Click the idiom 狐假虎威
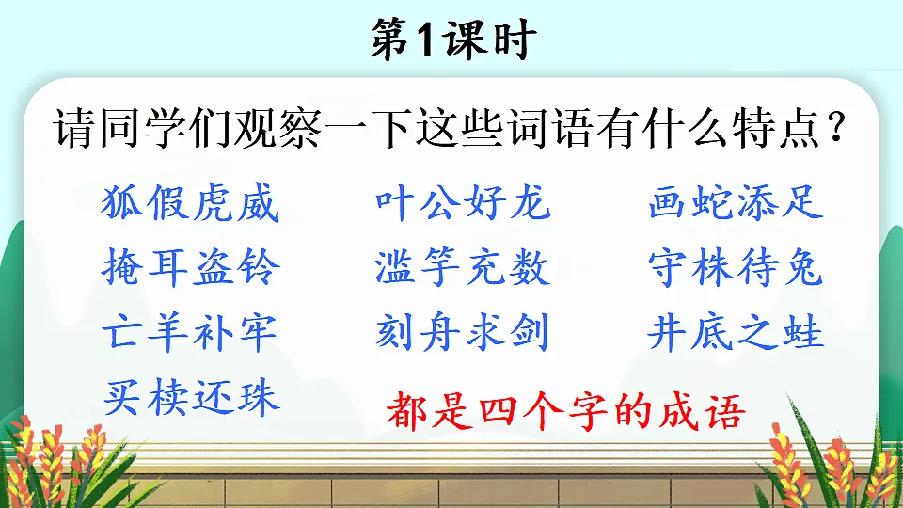pos(190,203)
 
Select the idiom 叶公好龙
pos(462,203)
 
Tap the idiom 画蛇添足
pos(736,203)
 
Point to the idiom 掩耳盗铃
pos(190,268)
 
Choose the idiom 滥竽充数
pos(462,268)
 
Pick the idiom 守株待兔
pos(736,268)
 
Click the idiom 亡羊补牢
pos(190,333)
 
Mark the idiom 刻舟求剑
pos(462,333)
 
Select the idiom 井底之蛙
pos(736,333)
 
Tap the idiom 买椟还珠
pos(190,397)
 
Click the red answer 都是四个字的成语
pos(565,412)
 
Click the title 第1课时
pos(451,40)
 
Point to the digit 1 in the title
pos(424,41)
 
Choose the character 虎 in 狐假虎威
pos(213,203)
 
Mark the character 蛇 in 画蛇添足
pos(713,203)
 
